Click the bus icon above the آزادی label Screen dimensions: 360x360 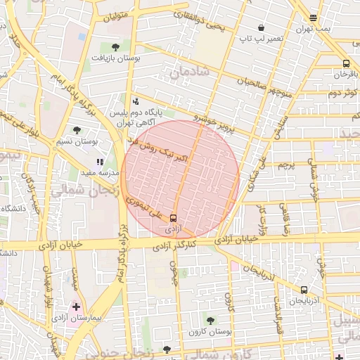174,219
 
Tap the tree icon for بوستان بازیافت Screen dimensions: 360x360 115,47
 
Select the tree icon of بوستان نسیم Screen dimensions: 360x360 77,130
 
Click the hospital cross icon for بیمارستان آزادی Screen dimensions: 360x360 76,307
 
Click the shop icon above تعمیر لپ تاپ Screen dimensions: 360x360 262,27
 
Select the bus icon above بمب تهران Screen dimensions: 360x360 313,18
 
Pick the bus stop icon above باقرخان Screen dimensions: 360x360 345,63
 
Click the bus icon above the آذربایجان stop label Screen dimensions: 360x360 304,289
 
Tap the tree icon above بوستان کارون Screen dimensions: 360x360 210,321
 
